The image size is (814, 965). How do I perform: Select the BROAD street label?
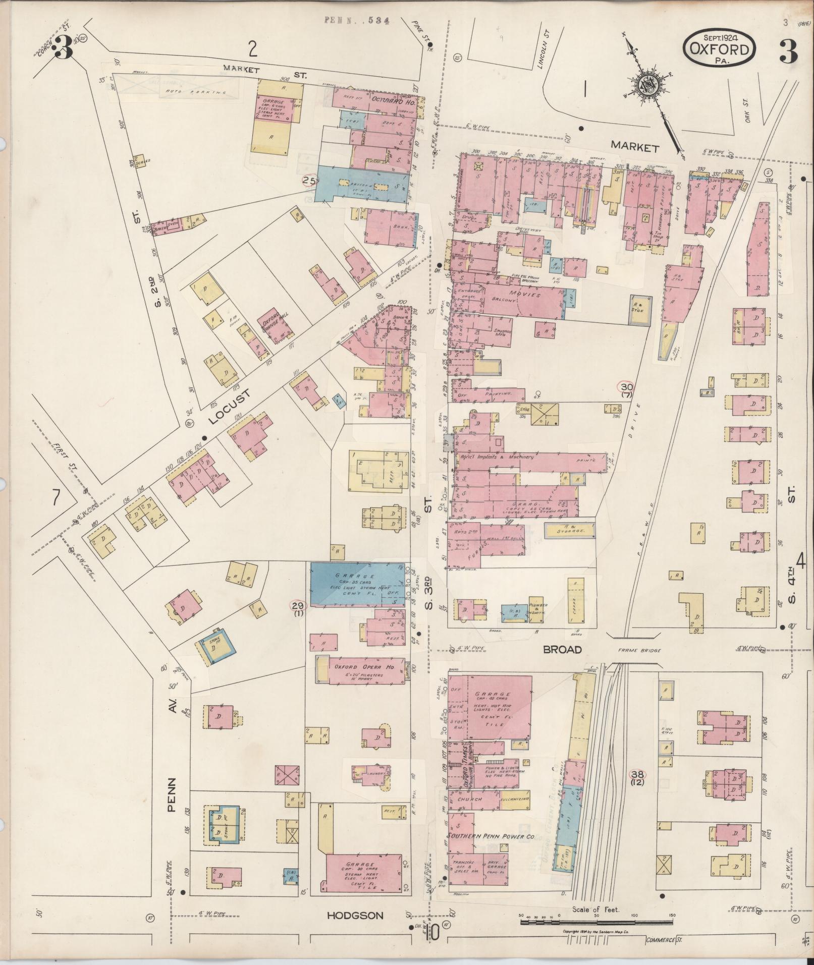(x=562, y=650)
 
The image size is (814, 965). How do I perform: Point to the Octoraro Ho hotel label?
(x=394, y=102)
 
